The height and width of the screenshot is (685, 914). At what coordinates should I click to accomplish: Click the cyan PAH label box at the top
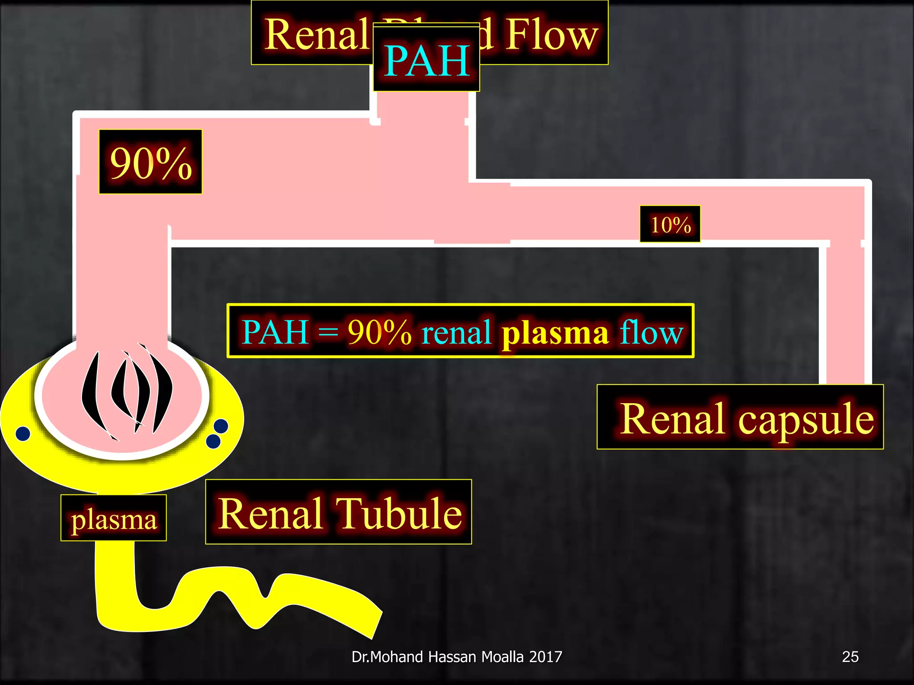[426, 59]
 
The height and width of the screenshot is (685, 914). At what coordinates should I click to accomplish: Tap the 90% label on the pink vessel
[150, 162]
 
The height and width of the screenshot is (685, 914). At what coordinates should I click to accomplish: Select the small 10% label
[670, 224]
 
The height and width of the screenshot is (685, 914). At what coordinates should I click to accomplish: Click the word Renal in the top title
[316, 35]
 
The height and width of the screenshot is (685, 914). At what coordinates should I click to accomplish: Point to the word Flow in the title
[552, 35]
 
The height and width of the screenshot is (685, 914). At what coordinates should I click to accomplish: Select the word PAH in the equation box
[275, 332]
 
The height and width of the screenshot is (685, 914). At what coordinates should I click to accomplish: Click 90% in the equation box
[379, 332]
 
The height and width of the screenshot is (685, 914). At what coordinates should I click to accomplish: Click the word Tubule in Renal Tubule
[399, 513]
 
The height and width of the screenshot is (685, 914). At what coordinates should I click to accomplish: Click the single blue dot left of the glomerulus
[23, 433]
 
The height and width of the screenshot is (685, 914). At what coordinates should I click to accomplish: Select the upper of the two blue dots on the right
[221, 426]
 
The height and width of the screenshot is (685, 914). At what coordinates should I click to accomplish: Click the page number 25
[850, 656]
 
